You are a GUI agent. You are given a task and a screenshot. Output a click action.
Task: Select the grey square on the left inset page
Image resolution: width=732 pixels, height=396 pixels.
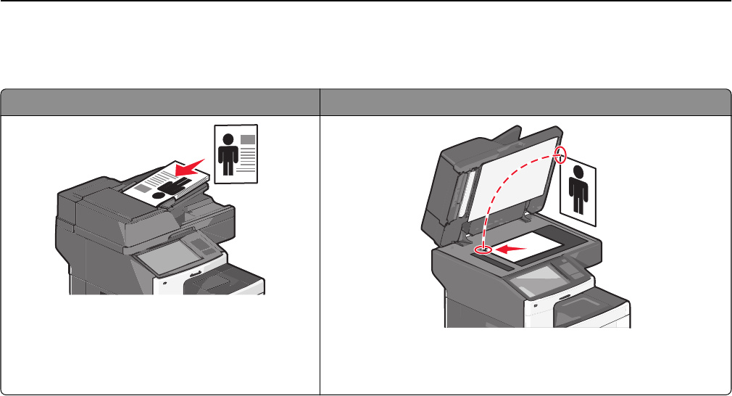point(248,138)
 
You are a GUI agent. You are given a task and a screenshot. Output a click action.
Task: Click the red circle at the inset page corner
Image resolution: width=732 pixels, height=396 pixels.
point(560,154)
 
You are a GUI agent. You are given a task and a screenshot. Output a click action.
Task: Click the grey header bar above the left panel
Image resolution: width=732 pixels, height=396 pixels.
point(160,101)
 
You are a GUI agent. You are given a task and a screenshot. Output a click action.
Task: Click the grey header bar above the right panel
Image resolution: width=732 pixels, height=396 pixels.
point(525,101)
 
